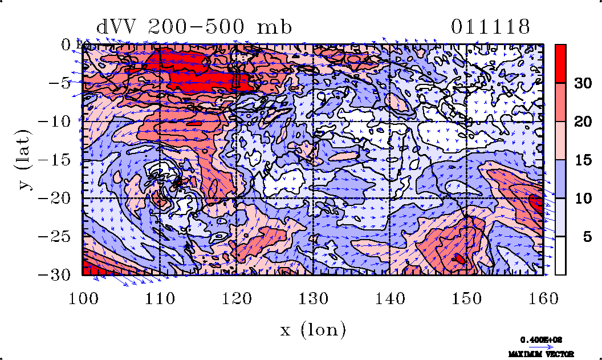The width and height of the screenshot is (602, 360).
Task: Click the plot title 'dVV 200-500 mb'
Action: click(194, 27)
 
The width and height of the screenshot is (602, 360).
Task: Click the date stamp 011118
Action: click(490, 27)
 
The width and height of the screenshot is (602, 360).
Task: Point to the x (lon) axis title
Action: click(313, 329)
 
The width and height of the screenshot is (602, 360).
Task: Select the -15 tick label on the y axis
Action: click(59, 160)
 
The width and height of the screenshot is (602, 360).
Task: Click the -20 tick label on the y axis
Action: click(59, 198)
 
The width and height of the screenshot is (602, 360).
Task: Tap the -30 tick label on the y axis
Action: click(59, 274)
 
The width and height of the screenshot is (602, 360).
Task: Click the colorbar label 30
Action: click(582, 83)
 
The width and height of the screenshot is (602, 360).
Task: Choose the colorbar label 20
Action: click(582, 122)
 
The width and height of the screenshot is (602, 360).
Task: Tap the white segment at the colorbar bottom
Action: click(560, 256)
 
